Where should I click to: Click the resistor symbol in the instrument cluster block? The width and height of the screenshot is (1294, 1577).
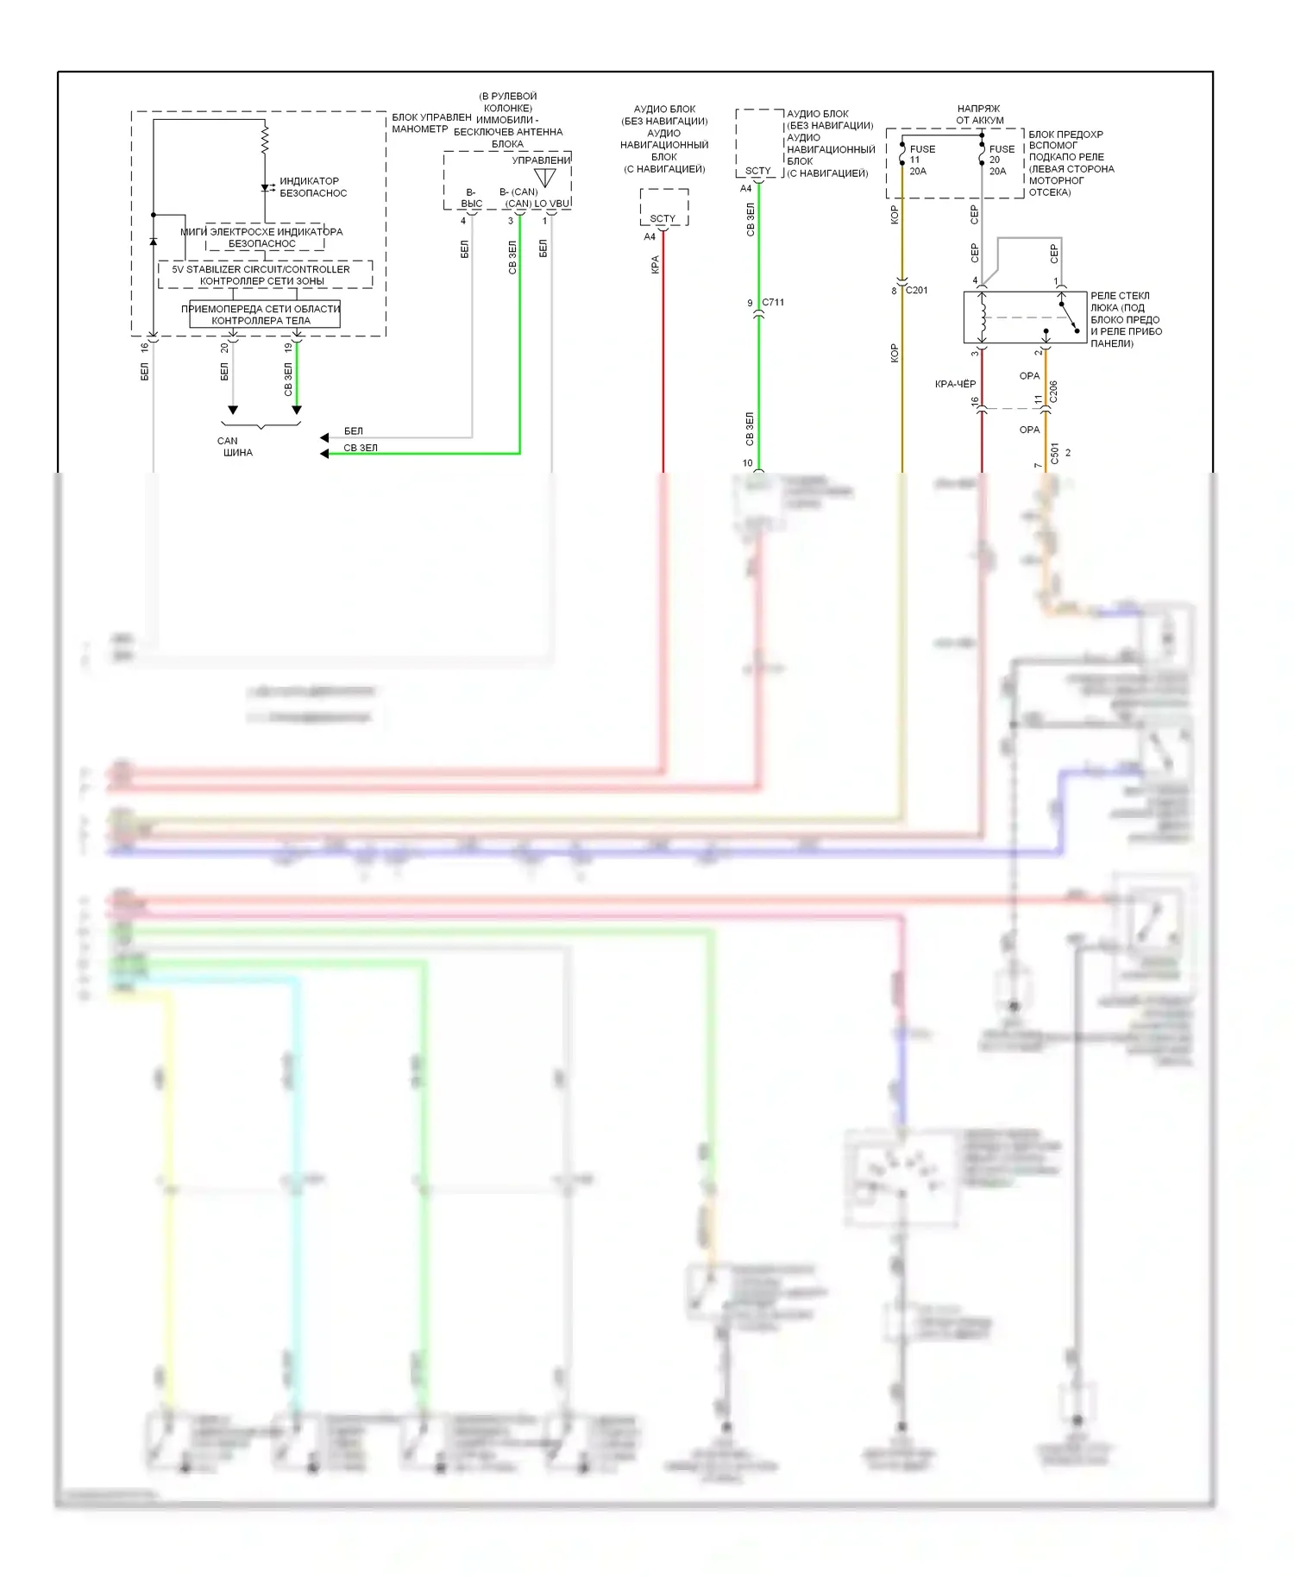[265, 138]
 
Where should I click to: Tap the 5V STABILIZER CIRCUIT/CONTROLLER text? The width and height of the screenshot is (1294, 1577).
[261, 269]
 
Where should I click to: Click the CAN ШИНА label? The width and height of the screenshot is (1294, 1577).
[234, 446]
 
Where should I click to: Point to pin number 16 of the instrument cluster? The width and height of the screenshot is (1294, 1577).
[144, 347]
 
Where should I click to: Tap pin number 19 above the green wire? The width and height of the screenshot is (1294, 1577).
[288, 347]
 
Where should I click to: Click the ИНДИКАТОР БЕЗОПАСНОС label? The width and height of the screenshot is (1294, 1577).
[312, 187]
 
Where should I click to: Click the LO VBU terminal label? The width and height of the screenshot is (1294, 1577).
[552, 204]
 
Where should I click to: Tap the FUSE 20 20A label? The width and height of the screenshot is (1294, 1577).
[1001, 160]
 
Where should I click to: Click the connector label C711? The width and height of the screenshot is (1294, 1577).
[773, 303]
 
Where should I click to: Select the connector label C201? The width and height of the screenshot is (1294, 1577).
[916, 291]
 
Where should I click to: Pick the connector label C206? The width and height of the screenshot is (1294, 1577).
[1053, 392]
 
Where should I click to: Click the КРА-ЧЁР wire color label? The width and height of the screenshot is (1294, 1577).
[955, 384]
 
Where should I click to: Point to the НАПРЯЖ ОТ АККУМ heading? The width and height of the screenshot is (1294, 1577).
[979, 115]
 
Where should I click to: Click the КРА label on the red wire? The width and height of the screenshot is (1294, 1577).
[655, 265]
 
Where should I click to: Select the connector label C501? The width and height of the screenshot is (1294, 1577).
[1054, 454]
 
